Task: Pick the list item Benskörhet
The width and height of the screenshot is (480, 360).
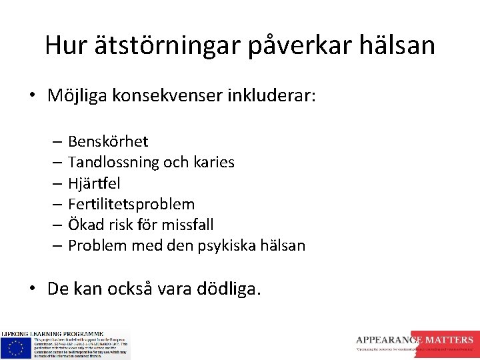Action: [x=108, y=141]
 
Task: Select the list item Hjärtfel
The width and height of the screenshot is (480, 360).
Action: [x=94, y=183]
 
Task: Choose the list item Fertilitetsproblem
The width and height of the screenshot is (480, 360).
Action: [x=131, y=204]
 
